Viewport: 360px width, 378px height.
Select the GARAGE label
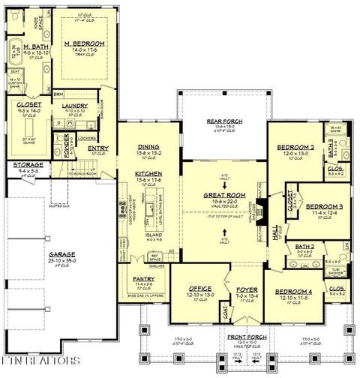(62, 255)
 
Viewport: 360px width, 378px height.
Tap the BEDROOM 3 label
(326, 205)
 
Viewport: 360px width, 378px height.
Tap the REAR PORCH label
(223, 121)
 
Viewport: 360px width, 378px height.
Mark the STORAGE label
(26, 164)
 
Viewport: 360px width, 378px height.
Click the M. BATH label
(35, 45)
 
